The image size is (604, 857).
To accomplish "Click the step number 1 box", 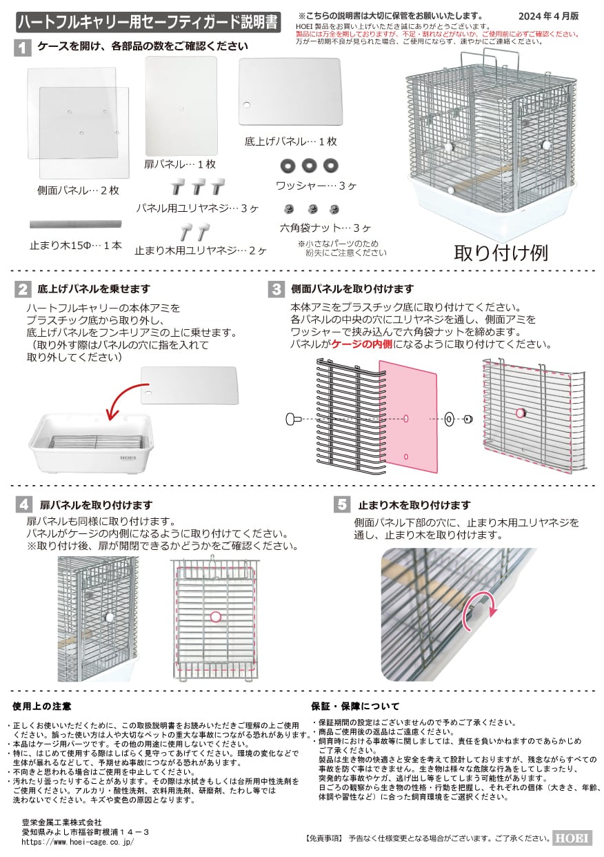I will pyautogui.click(x=23, y=48).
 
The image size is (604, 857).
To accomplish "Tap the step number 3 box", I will pyautogui.click(x=276, y=288).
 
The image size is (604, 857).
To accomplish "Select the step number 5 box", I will pyautogui.click(x=343, y=504).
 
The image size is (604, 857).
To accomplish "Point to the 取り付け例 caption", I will pyautogui.click(x=501, y=253).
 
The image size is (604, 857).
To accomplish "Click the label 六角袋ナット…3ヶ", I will pyautogui.click(x=315, y=227).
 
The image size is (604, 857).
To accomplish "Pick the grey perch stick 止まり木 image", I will pyautogui.click(x=76, y=224).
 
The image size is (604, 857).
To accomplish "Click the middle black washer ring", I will pyautogui.click(x=310, y=166).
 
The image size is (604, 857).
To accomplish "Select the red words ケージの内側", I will pyautogui.click(x=363, y=344).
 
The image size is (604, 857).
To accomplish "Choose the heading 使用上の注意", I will pyautogui.click(x=42, y=707).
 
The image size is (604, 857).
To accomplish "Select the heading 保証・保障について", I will pyautogui.click(x=355, y=707).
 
